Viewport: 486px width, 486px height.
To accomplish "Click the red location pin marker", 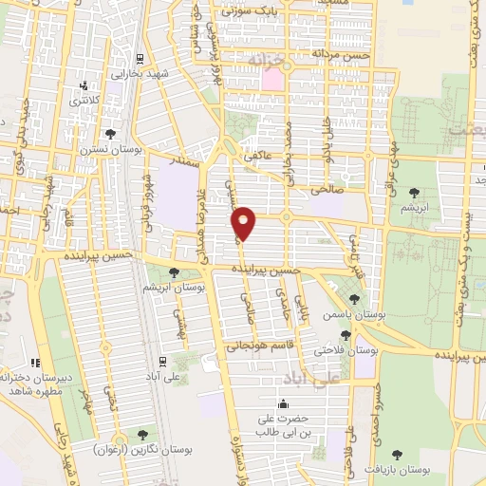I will pyautogui.click(x=244, y=223).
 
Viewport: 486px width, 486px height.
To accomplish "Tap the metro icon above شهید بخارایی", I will pyautogui.click(x=140, y=58).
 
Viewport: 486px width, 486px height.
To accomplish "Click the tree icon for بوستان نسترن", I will pyautogui.click(x=111, y=134).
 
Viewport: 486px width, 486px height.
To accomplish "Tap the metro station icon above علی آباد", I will pyautogui.click(x=163, y=361).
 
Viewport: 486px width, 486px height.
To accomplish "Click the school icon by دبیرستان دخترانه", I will pyautogui.click(x=35, y=362).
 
